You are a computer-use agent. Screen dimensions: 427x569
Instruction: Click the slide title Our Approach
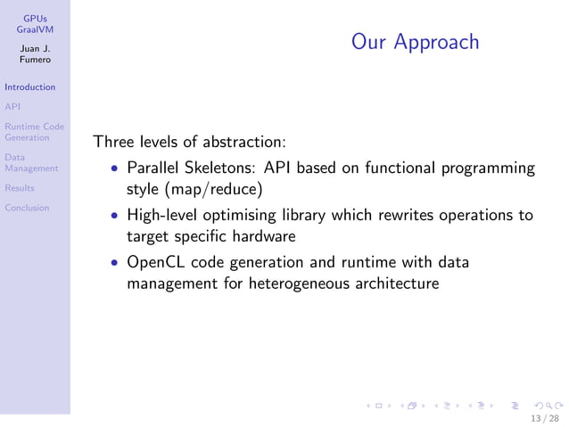[415, 42]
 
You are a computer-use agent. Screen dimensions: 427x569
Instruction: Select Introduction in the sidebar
[29, 87]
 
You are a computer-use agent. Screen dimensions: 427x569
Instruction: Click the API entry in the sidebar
[12, 107]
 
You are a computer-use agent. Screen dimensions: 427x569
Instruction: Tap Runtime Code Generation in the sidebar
[33, 132]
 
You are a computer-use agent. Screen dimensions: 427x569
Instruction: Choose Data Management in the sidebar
[30, 162]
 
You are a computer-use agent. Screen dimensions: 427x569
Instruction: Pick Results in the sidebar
[19, 188]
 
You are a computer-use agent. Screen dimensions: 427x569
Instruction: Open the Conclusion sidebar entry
[27, 209]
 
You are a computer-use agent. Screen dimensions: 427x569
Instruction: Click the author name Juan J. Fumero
[35, 53]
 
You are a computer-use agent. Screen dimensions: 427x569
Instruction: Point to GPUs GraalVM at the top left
[35, 23]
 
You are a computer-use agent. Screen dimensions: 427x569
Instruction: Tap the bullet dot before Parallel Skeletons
[115, 168]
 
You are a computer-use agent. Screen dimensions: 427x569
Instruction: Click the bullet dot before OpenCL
[115, 264]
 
